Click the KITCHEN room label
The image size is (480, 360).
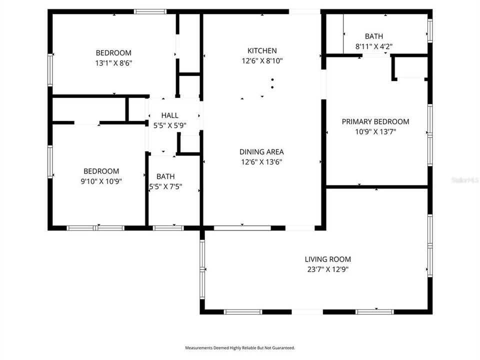pos(262,50)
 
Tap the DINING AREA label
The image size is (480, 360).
pos(262,151)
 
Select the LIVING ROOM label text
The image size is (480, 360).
pos(328,259)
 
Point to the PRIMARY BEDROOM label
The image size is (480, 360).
pos(375,121)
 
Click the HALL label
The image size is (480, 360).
pos(169,115)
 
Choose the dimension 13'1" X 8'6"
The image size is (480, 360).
pos(113,63)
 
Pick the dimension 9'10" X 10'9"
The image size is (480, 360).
pos(101,181)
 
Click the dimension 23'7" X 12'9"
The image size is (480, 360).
pos(328,269)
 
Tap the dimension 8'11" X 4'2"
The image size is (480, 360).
pos(374,46)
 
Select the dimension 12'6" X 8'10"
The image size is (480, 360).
pos(262,60)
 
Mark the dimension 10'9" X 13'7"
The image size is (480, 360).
pos(375,132)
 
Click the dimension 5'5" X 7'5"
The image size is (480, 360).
pos(166,186)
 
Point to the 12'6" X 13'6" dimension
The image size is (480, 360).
pos(262,161)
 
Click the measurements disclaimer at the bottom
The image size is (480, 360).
pos(240,347)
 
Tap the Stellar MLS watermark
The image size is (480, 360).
pos(464,179)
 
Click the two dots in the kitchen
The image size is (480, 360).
pos(272,83)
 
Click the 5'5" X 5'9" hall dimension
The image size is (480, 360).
pos(169,126)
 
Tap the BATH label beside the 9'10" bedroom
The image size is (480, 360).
pos(165,176)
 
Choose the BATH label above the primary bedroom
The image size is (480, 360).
pos(374,36)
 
